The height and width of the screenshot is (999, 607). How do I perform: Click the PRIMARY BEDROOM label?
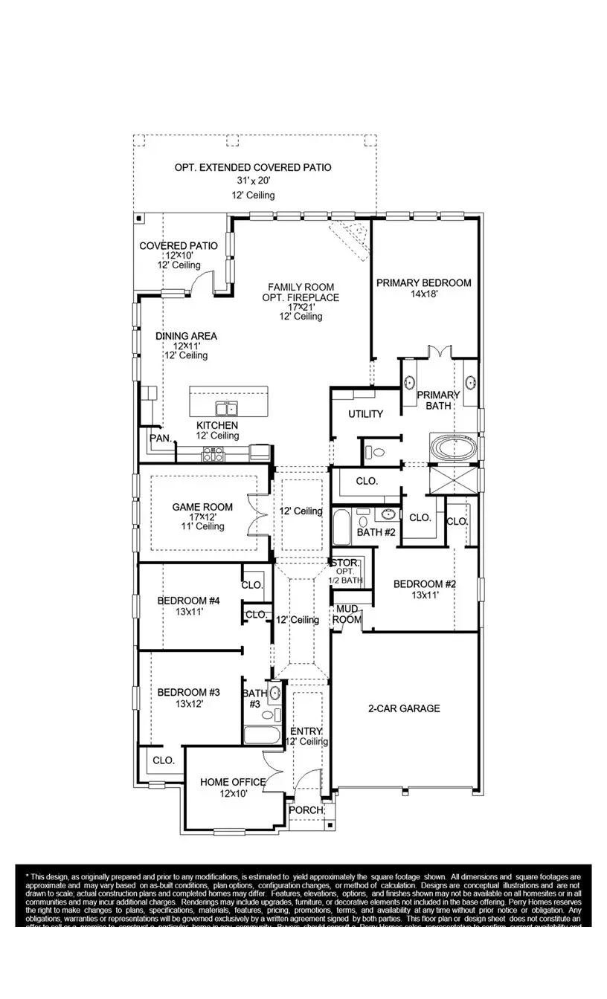tap(423, 282)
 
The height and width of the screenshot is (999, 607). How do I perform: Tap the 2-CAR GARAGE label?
tap(403, 708)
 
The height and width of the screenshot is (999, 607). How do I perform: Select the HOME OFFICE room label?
tap(233, 782)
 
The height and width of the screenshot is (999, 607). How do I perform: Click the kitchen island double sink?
tap(226, 408)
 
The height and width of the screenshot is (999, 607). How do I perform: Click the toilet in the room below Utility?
tap(374, 450)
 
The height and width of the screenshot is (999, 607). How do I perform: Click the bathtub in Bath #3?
tap(261, 736)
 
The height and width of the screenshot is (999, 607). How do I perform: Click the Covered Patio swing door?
tap(199, 282)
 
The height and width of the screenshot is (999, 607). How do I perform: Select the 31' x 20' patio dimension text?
tap(253, 181)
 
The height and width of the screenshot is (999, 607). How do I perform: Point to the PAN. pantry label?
tap(160, 439)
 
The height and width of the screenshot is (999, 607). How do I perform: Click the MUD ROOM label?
tap(347, 614)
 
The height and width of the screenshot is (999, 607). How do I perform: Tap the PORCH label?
tap(306, 809)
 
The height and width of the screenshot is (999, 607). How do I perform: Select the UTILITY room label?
tap(365, 414)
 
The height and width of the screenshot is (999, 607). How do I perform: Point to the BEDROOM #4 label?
tap(189, 601)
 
